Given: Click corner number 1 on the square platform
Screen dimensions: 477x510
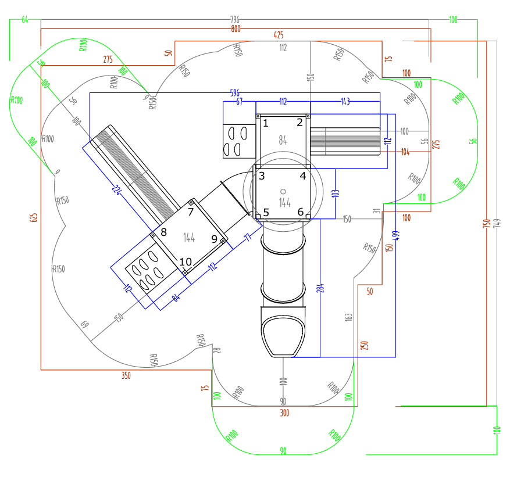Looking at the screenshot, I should pos(266,123).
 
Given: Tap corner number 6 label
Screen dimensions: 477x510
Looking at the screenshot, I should pos(301,212).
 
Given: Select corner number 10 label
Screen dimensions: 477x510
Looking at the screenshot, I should pos(185,261).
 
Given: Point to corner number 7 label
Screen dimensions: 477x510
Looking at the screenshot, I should pos(191,211).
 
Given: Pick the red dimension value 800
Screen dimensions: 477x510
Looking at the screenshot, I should pos(236,28).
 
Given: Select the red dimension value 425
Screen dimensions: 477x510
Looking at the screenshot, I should pos(278,35).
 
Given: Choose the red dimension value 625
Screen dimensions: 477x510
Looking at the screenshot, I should pos(34,218).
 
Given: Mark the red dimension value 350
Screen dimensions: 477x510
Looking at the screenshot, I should pos(126,375).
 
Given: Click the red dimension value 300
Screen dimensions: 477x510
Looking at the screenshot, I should pos(284,413).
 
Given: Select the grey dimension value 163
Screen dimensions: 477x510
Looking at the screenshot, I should pos(349,317).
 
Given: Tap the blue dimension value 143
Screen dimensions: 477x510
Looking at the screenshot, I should pos(345,101).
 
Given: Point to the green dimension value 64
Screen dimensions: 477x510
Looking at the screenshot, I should pos(25,20).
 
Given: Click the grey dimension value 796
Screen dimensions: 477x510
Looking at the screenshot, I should pos(236,21).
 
